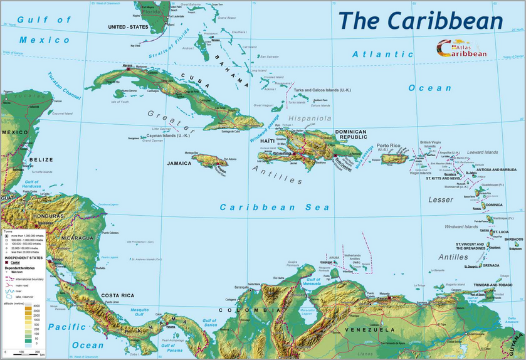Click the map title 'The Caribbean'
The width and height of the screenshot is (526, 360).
tap(420, 20)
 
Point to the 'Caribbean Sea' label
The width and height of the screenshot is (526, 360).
tap(274, 207)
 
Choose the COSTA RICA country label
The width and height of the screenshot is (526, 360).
tap(119, 295)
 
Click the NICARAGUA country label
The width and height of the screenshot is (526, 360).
tap(77, 238)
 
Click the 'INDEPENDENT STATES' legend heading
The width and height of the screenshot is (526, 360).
tap(23, 258)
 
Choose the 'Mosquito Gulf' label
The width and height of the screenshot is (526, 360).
tap(140, 311)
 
